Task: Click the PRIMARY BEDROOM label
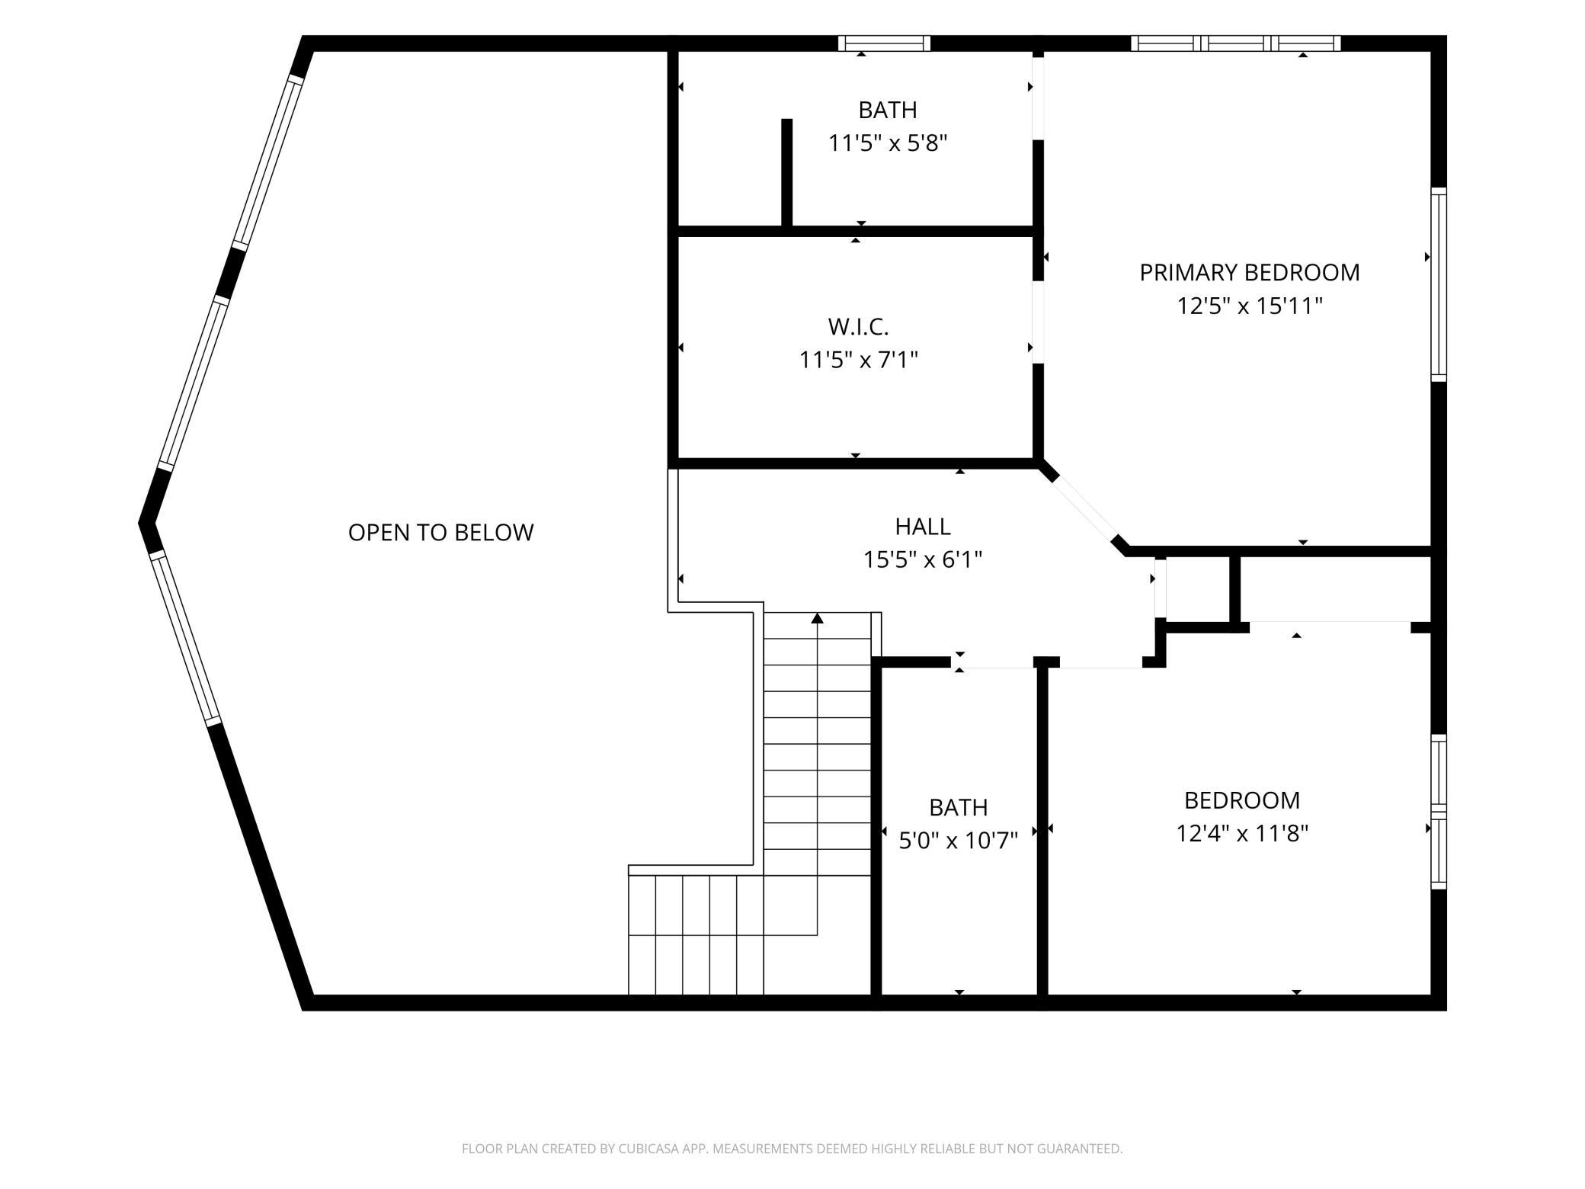1249,272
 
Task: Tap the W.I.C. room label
858,327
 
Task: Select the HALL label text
923,527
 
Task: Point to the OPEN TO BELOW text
440,532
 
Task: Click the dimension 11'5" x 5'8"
888,143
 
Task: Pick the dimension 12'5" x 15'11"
1250,306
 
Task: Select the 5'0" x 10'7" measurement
959,841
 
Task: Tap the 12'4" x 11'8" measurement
1242,834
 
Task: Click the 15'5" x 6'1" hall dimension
923,560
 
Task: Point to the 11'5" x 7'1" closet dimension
858,360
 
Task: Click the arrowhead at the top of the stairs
818,617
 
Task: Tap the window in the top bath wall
885,43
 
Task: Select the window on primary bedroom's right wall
1439,284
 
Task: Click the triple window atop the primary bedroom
1236,43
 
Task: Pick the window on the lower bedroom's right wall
1439,812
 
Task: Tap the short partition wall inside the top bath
787,172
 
